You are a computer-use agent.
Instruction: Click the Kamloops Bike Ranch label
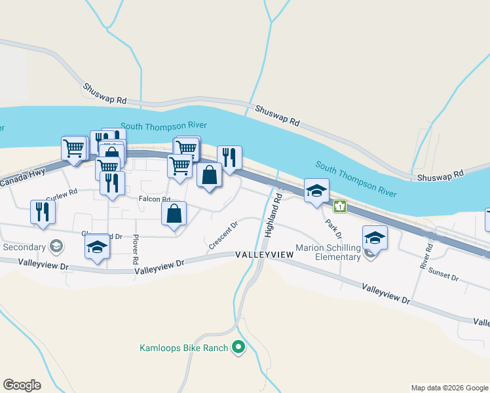point(183,348)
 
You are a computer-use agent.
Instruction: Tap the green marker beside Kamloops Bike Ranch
point(239,348)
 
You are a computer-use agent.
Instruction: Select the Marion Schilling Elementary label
point(328,252)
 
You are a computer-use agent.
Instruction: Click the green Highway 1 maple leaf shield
point(339,207)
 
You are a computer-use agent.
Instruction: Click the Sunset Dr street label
point(443,276)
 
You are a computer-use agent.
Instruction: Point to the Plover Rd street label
point(136,250)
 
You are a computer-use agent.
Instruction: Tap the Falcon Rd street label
point(154,199)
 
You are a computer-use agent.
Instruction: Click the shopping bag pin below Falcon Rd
point(174,214)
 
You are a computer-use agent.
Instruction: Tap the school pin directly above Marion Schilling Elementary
point(375,237)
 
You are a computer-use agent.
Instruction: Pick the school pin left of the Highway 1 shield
point(316,191)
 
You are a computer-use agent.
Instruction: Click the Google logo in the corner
point(22,385)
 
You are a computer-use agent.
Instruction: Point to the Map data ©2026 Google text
point(449,388)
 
